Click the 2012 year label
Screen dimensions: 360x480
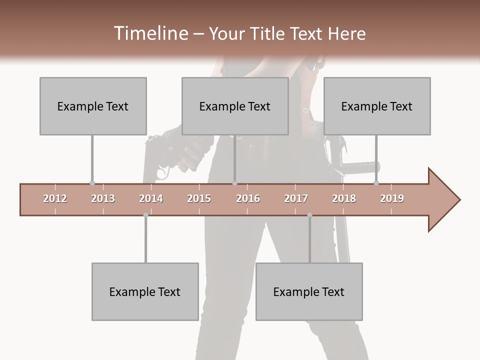55,198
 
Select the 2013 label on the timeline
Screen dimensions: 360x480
103,198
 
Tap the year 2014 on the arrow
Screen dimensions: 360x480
151,198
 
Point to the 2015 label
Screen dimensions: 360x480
199,198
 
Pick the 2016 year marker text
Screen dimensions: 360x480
248,198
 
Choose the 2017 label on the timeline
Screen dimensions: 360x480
296,198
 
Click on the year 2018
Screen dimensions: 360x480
344,198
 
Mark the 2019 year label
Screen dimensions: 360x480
392,198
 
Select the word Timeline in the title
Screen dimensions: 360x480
149,33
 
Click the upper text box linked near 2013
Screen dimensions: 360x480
93,106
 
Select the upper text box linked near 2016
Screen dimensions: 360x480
235,106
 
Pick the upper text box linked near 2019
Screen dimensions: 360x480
377,106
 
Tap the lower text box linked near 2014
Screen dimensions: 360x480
145,291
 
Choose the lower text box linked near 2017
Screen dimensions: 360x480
309,291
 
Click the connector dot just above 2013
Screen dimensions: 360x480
92,183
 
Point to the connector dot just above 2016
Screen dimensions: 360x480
234,183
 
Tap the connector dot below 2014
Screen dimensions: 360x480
145,215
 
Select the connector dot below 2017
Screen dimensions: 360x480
309,215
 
